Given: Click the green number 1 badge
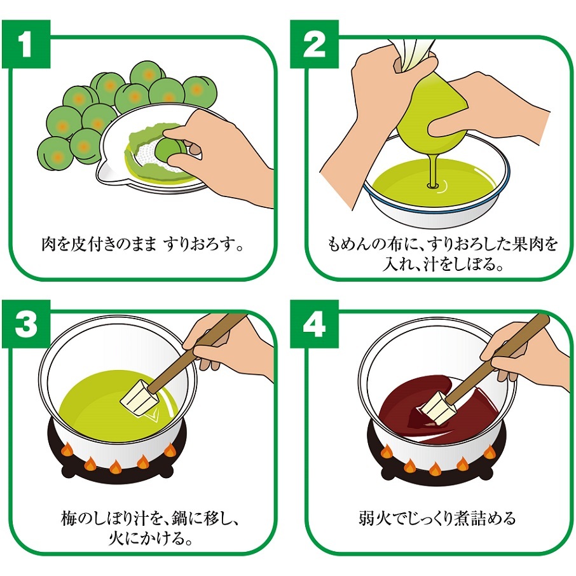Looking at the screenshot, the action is [x=25, y=44].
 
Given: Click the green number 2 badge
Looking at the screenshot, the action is [x=314, y=44].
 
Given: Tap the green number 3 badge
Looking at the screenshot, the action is [x=25, y=324].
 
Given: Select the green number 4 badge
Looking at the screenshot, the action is [x=314, y=324].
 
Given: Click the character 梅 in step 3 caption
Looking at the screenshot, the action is [x=69, y=518].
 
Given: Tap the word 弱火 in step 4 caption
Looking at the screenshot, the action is [x=376, y=518].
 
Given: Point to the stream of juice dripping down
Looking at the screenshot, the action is [x=432, y=169].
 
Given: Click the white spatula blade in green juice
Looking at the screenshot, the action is [x=139, y=398].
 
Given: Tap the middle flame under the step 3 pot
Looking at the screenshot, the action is [x=116, y=466].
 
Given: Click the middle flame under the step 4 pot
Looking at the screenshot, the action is [x=435, y=468].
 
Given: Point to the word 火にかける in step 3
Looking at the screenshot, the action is [x=151, y=538].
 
